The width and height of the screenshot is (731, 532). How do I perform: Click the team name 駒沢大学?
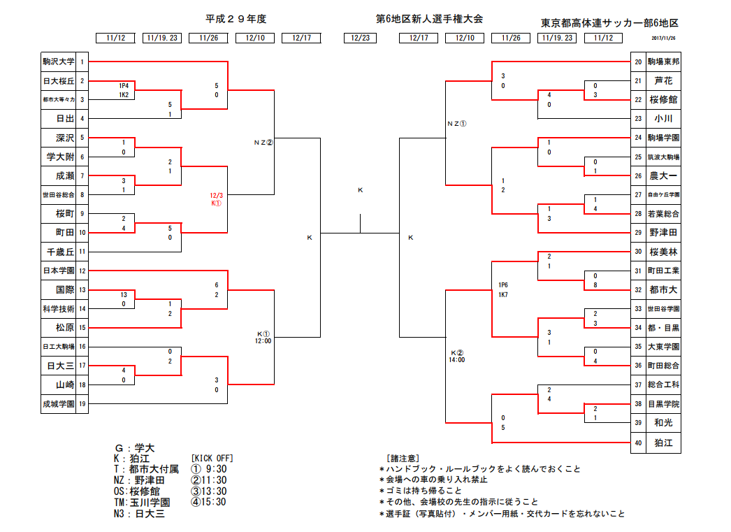pos(58,62)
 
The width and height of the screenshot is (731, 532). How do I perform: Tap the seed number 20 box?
pos(638,62)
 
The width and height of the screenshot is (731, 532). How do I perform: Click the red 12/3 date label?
pos(216,196)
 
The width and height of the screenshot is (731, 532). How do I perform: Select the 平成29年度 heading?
pos(236,19)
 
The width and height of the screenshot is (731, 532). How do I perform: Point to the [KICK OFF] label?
pos(212,459)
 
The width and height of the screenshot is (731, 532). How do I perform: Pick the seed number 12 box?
pos(82,271)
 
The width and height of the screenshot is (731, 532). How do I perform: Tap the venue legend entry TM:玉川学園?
pos(142,503)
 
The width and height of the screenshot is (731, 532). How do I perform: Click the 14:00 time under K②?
pos(457,360)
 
